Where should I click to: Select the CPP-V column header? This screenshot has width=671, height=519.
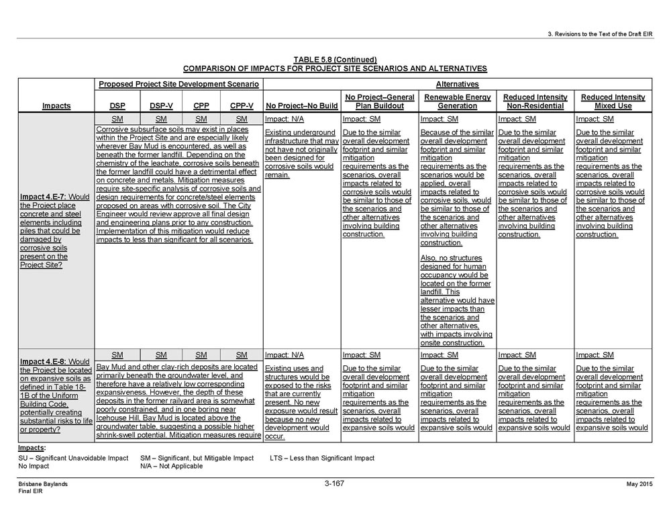(242, 105)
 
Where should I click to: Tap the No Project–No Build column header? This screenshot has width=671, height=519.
(301, 105)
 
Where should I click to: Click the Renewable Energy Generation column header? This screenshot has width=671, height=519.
(457, 101)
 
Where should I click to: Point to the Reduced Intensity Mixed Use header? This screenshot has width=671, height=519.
(613, 101)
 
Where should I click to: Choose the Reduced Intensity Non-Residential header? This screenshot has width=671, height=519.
(535, 101)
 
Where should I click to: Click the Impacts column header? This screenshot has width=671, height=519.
(56, 105)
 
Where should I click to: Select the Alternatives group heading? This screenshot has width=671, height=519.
(457, 84)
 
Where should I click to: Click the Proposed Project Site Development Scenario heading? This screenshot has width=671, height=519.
(178, 84)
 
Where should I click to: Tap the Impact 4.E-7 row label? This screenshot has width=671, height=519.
(56, 230)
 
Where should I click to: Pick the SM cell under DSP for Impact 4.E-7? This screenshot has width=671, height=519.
(117, 119)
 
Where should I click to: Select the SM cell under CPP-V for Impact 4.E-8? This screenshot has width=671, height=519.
(242, 355)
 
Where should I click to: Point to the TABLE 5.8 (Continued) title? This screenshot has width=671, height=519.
(335, 59)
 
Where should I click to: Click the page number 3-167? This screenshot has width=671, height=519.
(334, 483)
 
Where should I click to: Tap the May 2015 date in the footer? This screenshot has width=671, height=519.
(639, 484)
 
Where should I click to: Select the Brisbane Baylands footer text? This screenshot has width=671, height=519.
(44, 484)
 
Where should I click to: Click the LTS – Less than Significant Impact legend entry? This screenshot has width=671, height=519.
(321, 458)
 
